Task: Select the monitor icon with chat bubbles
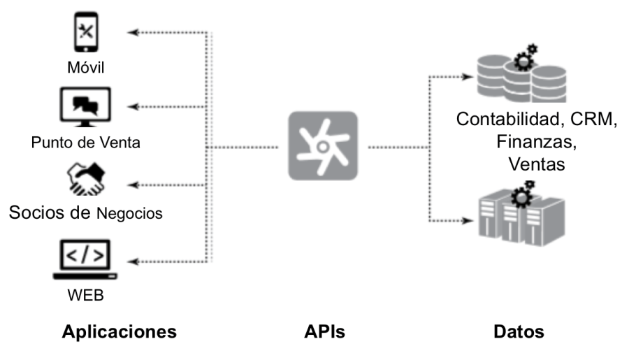[x=86, y=106]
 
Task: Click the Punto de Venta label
[x=86, y=143]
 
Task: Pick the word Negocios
[x=128, y=213]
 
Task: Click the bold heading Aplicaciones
[x=120, y=331]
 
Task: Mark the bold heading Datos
[x=517, y=331]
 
